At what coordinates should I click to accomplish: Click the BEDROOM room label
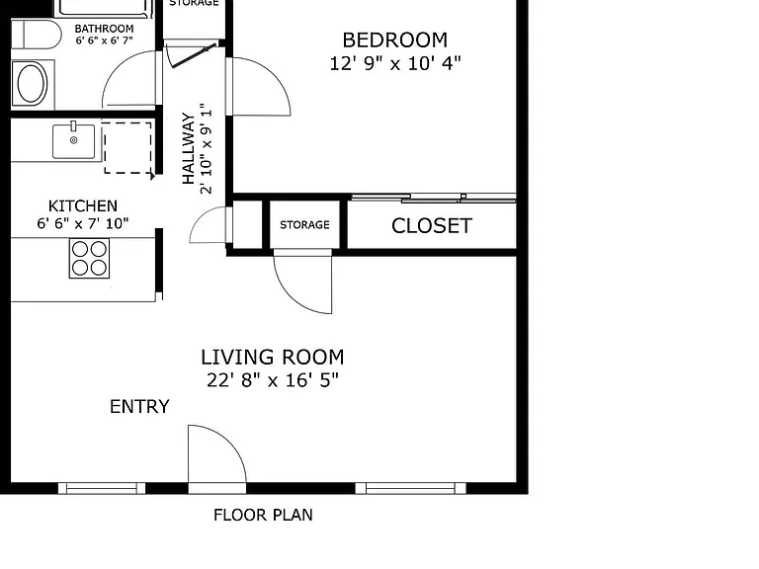pos(395,41)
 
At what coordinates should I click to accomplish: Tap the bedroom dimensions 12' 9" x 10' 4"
pos(395,63)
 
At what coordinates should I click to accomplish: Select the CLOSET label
pos(432,226)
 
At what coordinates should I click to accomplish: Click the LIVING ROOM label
pos(273,358)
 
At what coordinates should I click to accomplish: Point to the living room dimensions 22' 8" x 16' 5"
pos(273,380)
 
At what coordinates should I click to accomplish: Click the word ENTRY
pos(140,406)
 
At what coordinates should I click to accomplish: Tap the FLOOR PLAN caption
pos(263,515)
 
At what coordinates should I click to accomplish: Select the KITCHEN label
pos(83,206)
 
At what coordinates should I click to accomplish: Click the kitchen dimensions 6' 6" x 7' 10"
pos(83,223)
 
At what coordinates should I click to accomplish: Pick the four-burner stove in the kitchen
pos(89,259)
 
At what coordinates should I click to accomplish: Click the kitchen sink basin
pos(73,141)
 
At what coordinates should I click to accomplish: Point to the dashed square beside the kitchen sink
pos(127,147)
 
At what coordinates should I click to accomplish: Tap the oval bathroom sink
pos(32,83)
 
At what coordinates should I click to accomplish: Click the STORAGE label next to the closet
pos(304,224)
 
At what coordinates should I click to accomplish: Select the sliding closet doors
pos(434,198)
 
